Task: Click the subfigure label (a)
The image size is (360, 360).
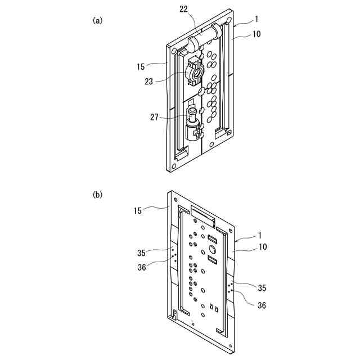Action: [97, 20]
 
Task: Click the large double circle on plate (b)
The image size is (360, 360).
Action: [213, 248]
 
